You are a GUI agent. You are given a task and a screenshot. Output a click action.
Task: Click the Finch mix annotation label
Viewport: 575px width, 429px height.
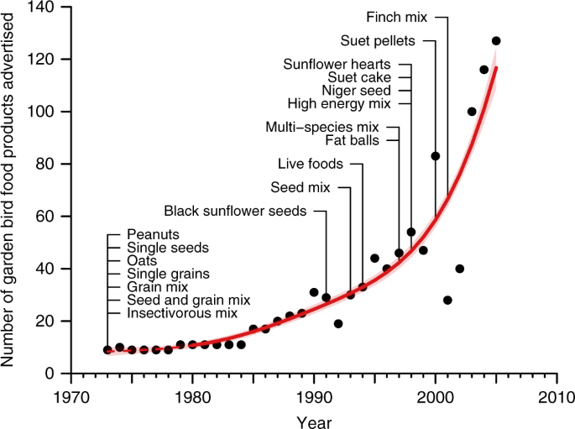[x=397, y=16]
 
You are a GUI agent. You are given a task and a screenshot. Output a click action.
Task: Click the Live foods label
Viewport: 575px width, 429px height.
[x=311, y=164]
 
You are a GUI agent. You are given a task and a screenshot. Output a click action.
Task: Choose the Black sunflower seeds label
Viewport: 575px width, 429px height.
[x=236, y=210]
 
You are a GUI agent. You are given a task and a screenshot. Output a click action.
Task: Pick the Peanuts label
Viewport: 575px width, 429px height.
[x=154, y=233]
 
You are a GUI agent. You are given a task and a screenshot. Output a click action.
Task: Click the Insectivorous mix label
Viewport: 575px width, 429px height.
[x=182, y=313]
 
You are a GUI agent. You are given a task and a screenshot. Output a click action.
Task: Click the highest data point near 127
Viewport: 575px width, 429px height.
[x=496, y=40]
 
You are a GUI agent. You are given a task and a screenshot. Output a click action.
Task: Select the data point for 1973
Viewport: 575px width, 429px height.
[x=107, y=350]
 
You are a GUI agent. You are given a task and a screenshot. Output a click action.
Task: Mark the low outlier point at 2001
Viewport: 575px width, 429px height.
[x=447, y=300]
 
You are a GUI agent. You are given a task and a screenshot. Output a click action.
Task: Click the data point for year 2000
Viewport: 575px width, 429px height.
[x=436, y=155]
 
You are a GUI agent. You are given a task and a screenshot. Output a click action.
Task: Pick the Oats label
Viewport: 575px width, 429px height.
[x=142, y=260]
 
